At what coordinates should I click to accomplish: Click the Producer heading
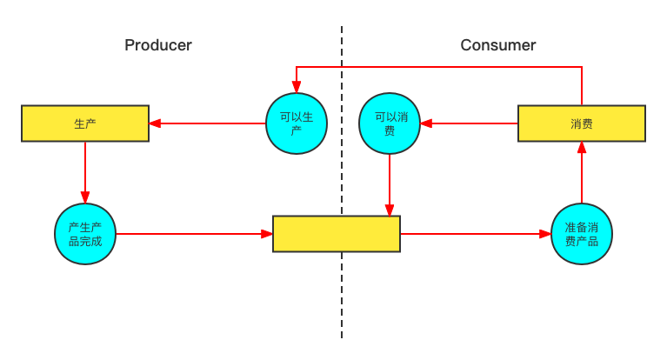tap(158, 45)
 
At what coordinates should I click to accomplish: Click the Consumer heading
tap(498, 45)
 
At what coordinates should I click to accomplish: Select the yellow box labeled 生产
tap(85, 123)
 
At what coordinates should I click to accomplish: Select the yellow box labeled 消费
tap(582, 123)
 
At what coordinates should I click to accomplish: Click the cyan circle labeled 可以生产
tap(297, 123)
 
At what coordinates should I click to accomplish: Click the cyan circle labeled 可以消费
tap(390, 123)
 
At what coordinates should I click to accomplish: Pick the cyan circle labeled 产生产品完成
tap(85, 234)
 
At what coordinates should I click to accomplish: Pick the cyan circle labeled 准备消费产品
tap(582, 234)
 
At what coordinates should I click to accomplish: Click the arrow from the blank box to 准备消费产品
tap(475, 234)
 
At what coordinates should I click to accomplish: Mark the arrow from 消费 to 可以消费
tap(470, 123)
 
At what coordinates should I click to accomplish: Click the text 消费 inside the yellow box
tap(582, 123)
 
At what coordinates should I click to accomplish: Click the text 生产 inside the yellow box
tap(85, 123)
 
